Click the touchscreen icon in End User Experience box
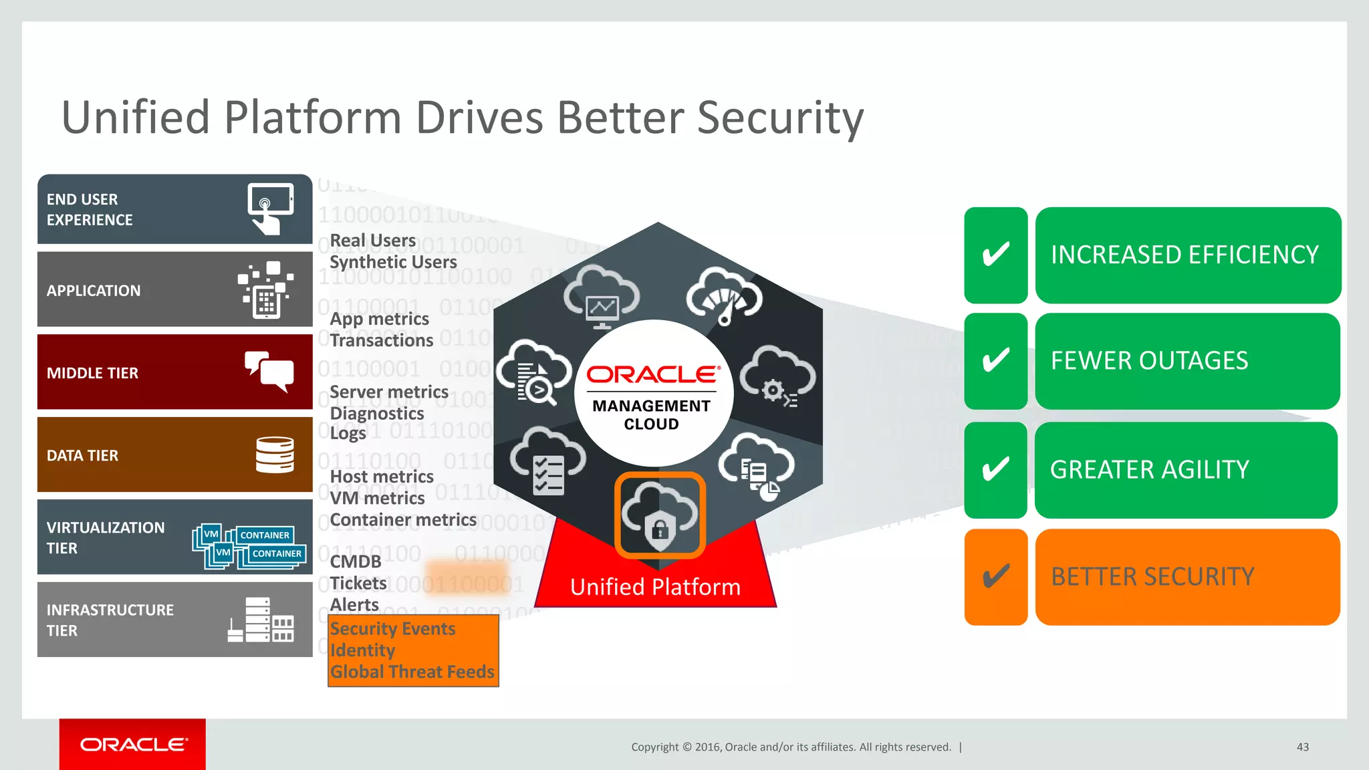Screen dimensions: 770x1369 click(270, 208)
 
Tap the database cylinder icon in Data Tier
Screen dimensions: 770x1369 click(275, 455)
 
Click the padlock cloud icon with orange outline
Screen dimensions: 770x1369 click(660, 515)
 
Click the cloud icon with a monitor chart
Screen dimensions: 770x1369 click(602, 297)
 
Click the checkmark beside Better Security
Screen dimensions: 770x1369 click(995, 577)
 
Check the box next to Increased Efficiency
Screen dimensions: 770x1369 click(995, 255)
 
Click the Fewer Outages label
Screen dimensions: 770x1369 click(1149, 361)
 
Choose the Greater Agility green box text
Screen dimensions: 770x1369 click(1149, 470)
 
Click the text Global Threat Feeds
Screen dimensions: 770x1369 click(412, 672)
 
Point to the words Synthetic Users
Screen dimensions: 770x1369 click(393, 262)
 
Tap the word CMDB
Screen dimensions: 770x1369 click(356, 561)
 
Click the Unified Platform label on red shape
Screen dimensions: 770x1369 click(655, 587)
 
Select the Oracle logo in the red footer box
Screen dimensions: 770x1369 click(133, 745)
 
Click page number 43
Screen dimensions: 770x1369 click(1302, 747)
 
